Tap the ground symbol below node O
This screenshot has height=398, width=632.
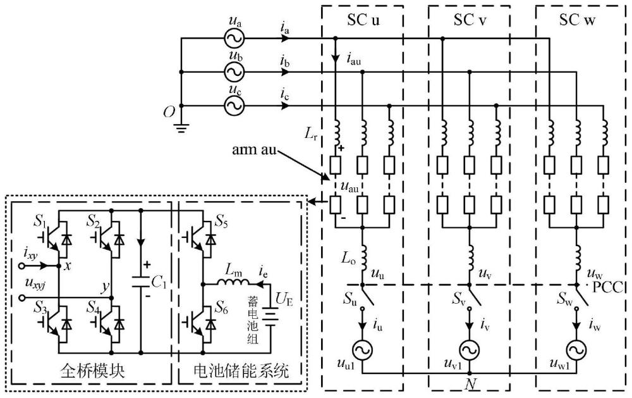coord(181,128)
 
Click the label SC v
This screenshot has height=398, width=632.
coord(469,20)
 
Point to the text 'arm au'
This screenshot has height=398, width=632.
coord(254,149)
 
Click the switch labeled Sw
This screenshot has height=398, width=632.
coord(582,296)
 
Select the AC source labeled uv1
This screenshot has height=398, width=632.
coord(470,350)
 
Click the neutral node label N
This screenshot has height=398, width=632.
coord(470,383)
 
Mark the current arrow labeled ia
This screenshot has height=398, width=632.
coord(285,39)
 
